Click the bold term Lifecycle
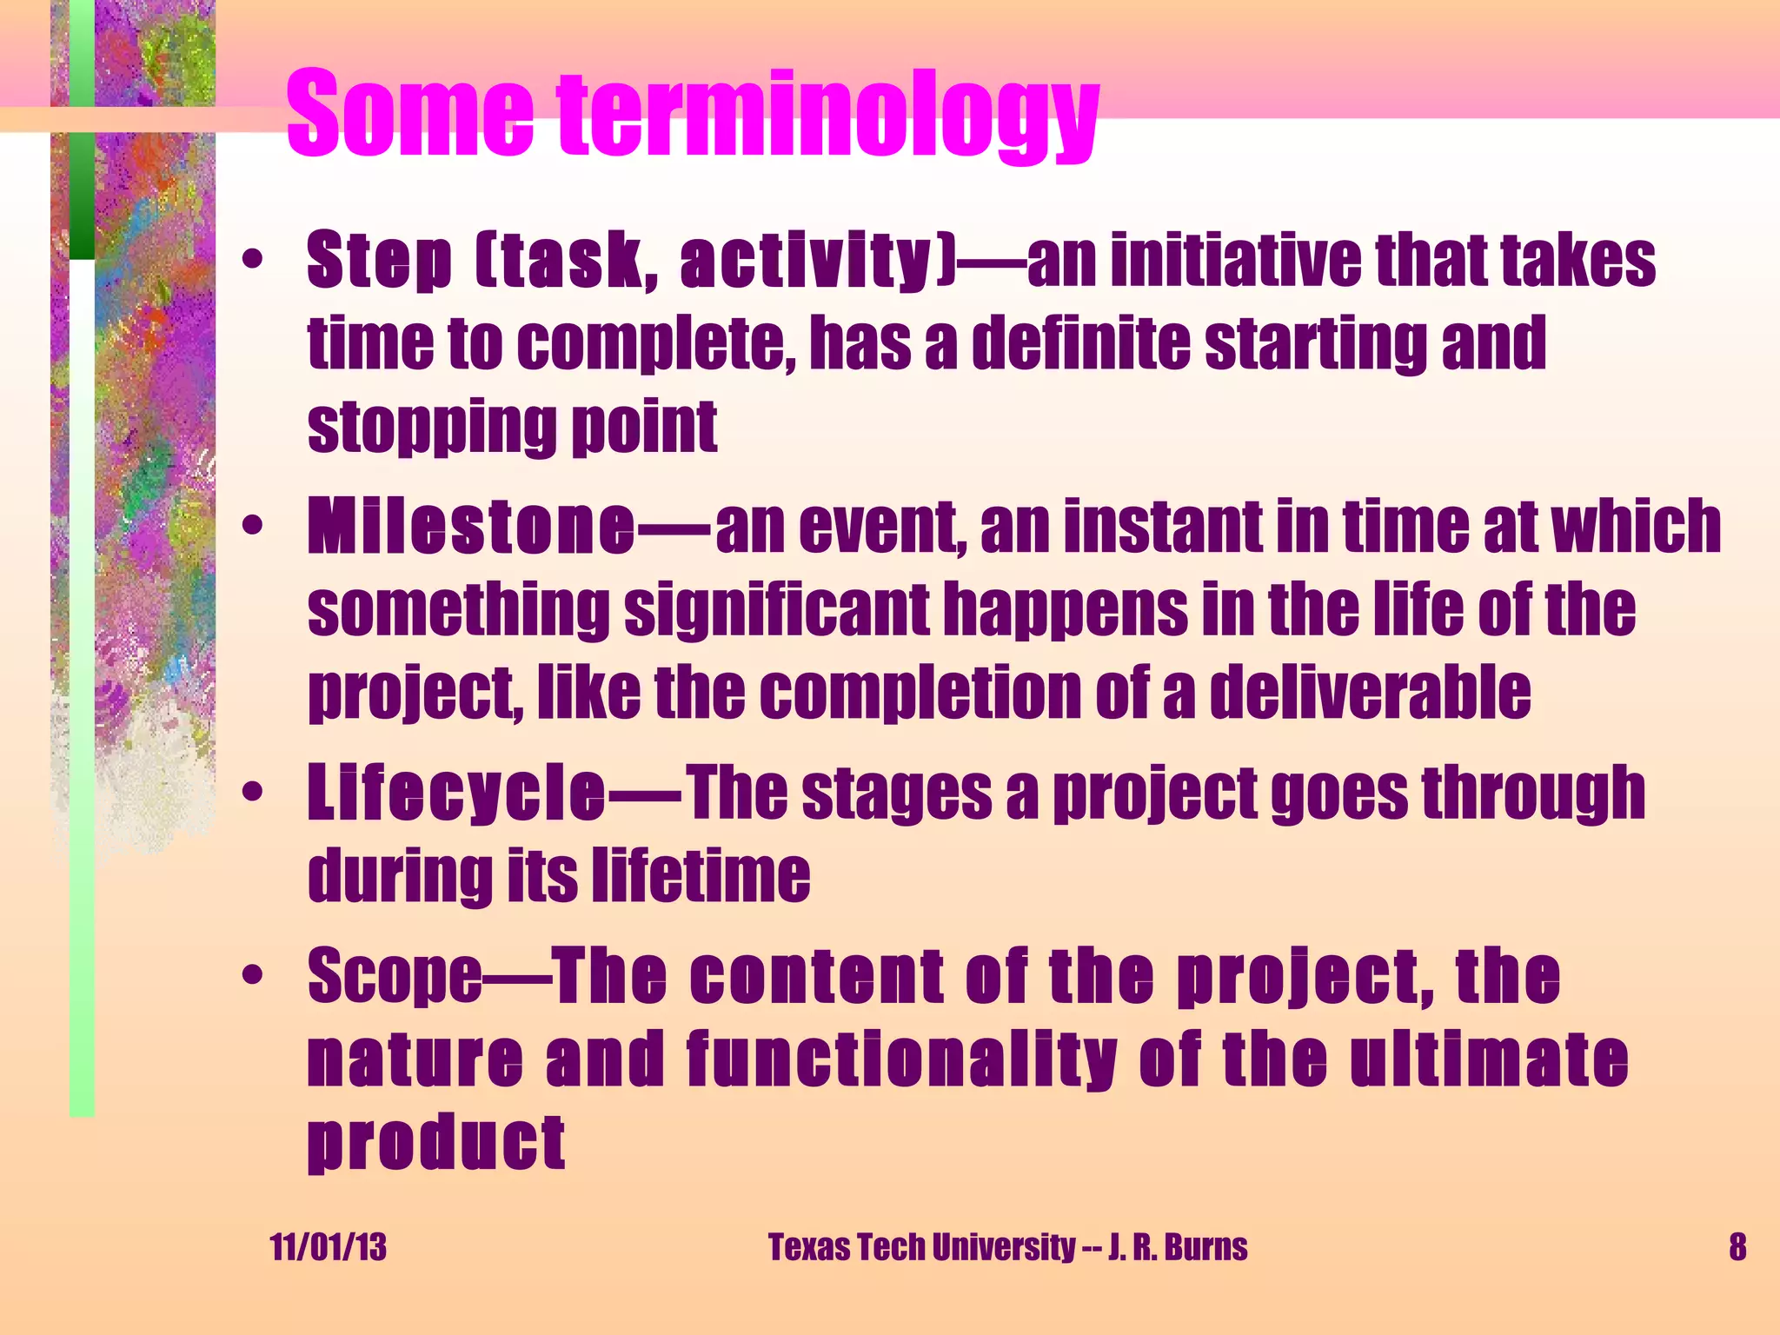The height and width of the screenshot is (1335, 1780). coord(455,793)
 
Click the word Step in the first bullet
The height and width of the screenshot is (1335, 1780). coord(379,261)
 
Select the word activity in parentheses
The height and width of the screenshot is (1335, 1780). coord(805,261)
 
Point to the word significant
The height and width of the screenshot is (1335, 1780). coord(777,610)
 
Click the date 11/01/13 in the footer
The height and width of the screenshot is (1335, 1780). coord(328,1247)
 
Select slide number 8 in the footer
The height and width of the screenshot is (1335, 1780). coord(1737,1247)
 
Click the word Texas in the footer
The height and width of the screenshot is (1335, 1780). coord(808,1247)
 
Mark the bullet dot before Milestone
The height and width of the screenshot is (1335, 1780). coord(252,527)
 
